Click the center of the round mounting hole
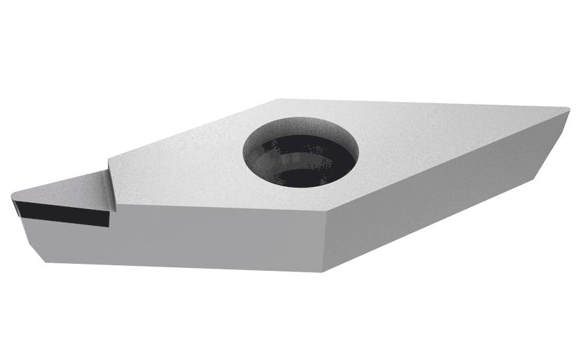[300, 155]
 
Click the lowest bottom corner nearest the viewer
[320, 271]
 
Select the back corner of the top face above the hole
[277, 99]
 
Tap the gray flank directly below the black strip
[69, 242]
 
